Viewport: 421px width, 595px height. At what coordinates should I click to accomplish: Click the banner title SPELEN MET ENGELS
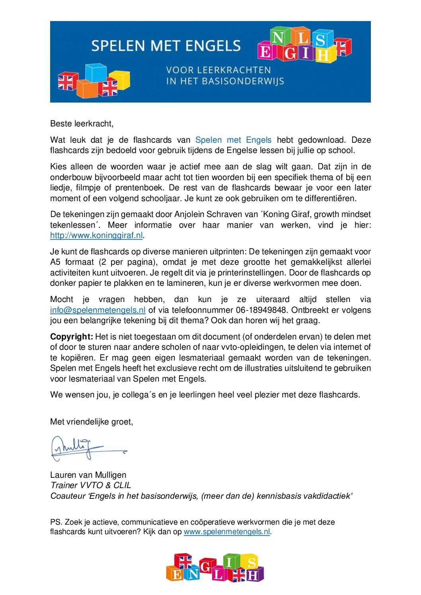[x=166, y=46]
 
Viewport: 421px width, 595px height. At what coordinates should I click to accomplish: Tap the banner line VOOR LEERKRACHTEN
[x=218, y=70]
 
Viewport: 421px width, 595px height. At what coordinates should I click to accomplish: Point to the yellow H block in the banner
[x=323, y=55]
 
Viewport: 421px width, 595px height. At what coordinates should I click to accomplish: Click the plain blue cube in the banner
[x=96, y=72]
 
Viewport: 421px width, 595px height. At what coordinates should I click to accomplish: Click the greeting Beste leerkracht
[x=82, y=124]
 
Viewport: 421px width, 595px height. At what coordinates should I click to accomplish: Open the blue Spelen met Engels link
[x=233, y=140]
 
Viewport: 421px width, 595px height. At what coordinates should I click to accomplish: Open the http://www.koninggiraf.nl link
[x=96, y=235]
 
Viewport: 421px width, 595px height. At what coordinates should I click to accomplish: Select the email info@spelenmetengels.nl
[x=98, y=310]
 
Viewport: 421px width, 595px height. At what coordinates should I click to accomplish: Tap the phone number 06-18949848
[x=259, y=310]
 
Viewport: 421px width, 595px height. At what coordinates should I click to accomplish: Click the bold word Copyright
[x=72, y=337]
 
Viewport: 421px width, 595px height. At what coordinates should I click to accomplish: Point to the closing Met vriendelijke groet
[x=92, y=422]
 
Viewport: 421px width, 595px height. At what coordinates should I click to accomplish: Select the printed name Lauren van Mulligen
[x=88, y=475]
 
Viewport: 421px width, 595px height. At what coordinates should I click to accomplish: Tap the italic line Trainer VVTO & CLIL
[x=91, y=485]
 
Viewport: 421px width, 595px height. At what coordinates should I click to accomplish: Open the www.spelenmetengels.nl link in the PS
[x=227, y=532]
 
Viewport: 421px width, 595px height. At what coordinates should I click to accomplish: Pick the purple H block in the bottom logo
[x=253, y=575]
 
